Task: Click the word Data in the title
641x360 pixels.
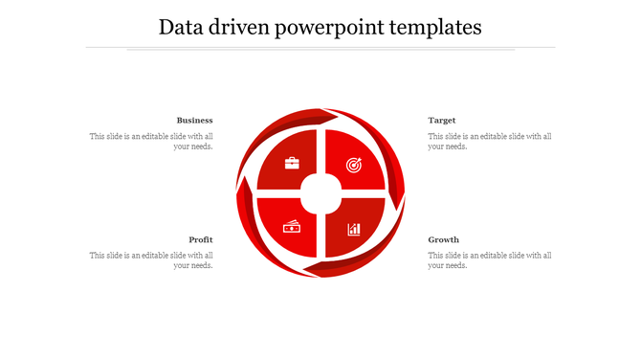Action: coord(179,27)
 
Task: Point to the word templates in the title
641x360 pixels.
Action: coord(437,28)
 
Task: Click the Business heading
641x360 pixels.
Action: coord(194,121)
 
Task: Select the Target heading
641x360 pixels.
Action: coord(441,121)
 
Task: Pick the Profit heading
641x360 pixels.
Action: coord(200,239)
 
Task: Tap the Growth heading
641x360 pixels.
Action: coord(443,239)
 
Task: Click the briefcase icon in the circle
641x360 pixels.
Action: coord(292,163)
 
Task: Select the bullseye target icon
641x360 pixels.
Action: coord(354,165)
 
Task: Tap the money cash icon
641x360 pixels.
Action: coord(292,227)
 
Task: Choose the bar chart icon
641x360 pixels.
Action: coord(354,229)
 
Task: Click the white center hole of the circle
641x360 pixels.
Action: coord(321,194)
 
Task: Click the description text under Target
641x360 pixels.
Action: coord(489,142)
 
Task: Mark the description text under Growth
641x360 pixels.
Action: coord(489,260)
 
